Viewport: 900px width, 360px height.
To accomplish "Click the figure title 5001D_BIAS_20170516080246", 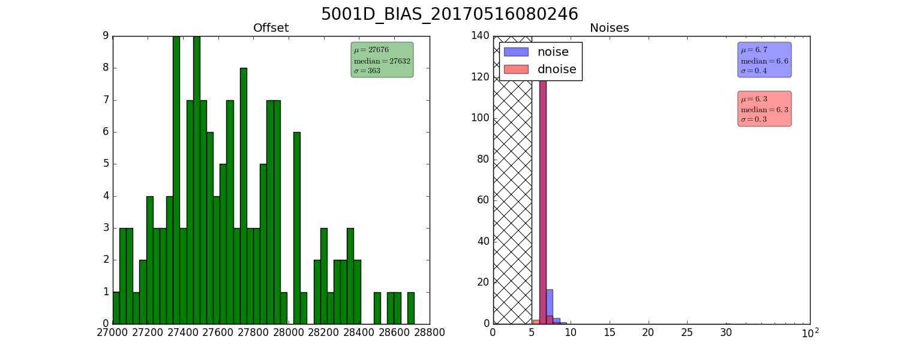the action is [449, 14].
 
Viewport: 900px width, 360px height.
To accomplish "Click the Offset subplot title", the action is [271, 28].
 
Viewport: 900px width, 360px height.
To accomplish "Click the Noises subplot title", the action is [609, 28].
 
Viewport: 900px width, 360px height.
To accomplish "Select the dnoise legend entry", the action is [540, 69].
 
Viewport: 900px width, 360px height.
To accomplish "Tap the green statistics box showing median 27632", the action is [382, 60].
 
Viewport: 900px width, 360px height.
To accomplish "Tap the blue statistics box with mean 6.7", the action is [764, 60].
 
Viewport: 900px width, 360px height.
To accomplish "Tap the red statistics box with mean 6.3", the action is [764, 109].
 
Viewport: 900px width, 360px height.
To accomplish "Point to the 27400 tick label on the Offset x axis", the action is [183, 332].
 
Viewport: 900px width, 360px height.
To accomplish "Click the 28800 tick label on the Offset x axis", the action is [429, 332].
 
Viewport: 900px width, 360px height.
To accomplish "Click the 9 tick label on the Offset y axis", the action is [106, 36].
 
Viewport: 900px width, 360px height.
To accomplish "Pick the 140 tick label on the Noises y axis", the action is [481, 36].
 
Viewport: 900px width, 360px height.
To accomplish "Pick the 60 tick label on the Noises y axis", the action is [484, 200].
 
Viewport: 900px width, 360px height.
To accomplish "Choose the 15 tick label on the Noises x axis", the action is [610, 332].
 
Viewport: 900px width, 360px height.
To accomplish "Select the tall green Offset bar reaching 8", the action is [244, 196].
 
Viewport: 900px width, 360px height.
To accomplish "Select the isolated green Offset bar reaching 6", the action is [297, 228].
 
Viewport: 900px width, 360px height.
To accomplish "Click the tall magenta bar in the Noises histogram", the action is [543, 201].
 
